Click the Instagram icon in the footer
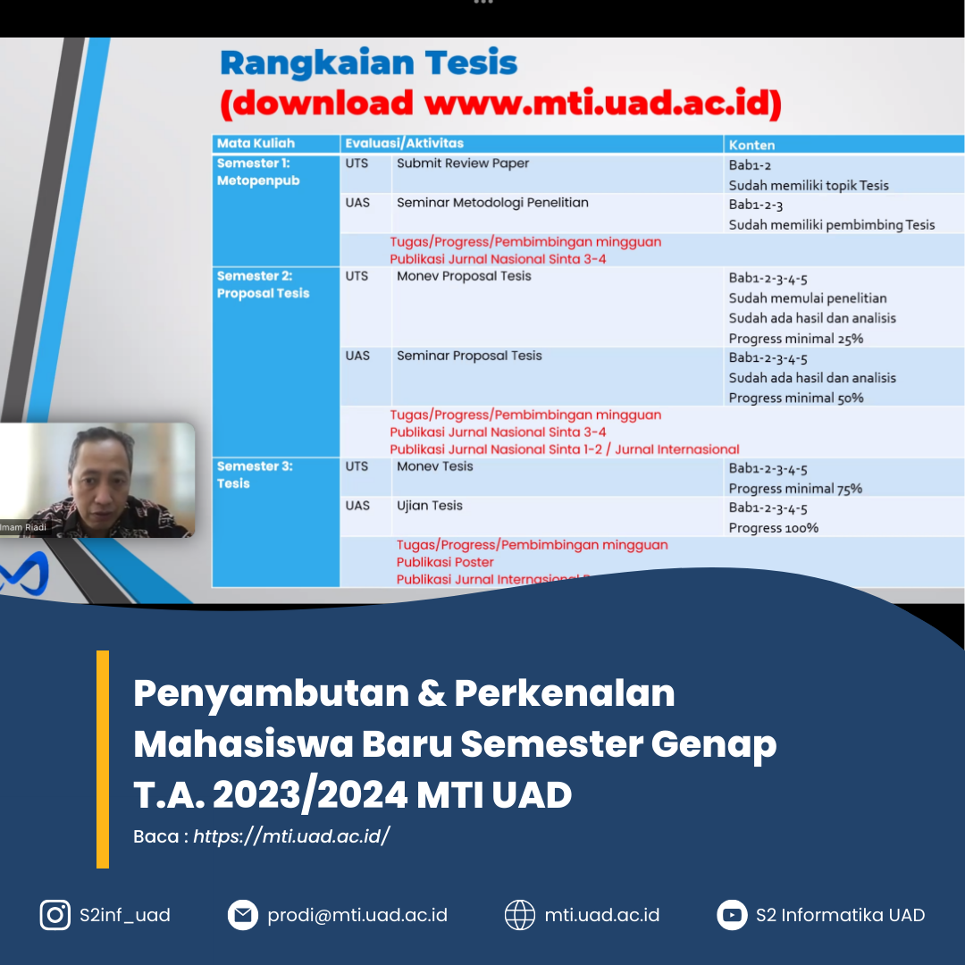(55, 915)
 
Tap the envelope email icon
(242, 915)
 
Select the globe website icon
(520, 915)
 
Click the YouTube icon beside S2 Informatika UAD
(732, 915)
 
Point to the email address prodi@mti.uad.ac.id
(357, 915)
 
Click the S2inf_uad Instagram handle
(124, 915)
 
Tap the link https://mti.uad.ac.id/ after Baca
(291, 836)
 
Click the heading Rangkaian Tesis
(368, 63)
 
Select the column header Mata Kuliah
(256, 143)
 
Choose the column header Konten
(751, 144)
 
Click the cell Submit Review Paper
(463, 164)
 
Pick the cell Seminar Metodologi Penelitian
(492, 203)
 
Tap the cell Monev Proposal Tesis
(464, 276)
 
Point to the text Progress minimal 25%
(795, 339)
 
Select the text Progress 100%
(773, 528)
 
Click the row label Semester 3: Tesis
(255, 474)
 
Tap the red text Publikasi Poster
(445, 562)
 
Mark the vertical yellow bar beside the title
(103, 759)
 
